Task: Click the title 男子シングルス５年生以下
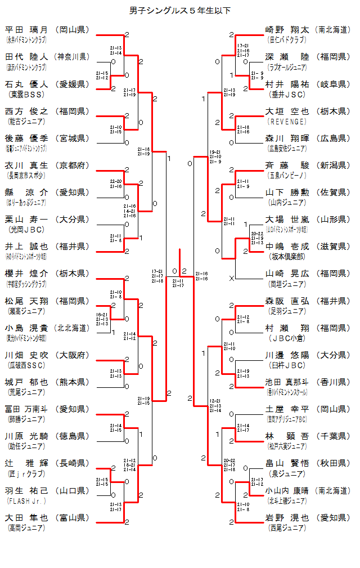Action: (180, 10)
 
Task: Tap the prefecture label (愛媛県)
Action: (72, 84)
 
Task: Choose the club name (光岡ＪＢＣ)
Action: (25, 230)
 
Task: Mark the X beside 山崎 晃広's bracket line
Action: (231, 278)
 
